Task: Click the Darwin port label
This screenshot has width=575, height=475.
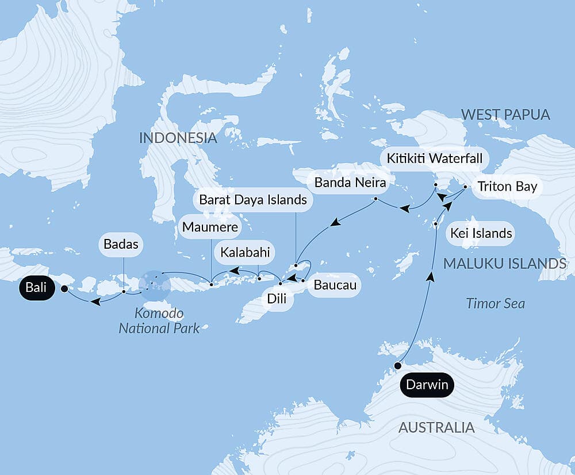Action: (x=426, y=385)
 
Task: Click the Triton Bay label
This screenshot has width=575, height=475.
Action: (x=507, y=187)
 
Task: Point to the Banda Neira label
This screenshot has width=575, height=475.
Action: (x=350, y=184)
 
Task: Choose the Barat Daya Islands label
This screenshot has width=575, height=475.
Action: (x=252, y=200)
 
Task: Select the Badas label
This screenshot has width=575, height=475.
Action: (x=121, y=244)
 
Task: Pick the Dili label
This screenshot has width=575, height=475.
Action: (x=277, y=299)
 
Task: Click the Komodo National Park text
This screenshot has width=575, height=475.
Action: (x=159, y=321)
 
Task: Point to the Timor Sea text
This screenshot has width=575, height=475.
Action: (x=495, y=303)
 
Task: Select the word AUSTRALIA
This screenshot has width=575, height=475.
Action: (x=436, y=428)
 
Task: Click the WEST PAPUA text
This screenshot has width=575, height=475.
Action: (x=505, y=115)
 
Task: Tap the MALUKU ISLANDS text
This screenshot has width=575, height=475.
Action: (x=505, y=264)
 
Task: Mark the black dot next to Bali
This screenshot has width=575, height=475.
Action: (x=64, y=288)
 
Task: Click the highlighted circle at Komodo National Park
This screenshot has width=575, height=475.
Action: (x=155, y=285)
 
